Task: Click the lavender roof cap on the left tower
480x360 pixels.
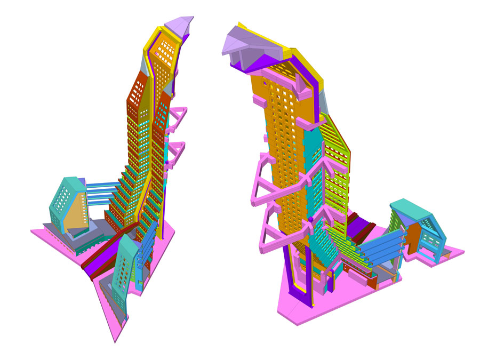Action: pos(179,25)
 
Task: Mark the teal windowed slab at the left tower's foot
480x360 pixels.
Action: pos(123,272)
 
